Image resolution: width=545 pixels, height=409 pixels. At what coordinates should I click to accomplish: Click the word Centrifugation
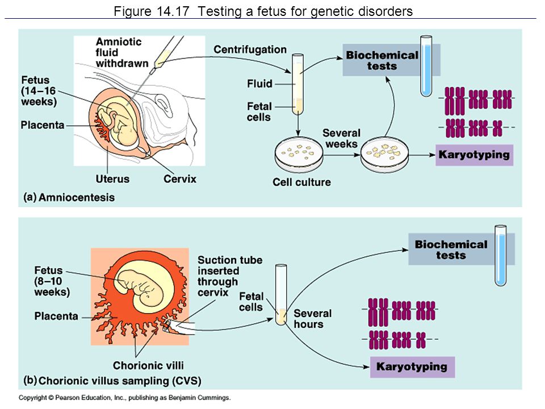[250, 50]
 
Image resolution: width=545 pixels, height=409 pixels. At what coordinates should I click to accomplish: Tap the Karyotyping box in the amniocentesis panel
[474, 155]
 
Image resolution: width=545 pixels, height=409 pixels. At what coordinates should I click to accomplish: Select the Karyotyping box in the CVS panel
[412, 367]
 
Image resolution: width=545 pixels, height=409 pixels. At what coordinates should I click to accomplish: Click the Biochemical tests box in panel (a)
[382, 60]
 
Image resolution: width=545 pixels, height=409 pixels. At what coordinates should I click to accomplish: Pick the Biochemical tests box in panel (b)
[451, 249]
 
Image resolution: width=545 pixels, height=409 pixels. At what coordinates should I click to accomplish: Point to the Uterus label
[112, 179]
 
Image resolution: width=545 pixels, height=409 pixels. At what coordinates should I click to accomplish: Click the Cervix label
[180, 179]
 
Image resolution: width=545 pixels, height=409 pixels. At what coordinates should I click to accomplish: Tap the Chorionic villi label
[148, 365]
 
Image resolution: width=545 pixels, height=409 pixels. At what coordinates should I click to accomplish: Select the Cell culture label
[301, 182]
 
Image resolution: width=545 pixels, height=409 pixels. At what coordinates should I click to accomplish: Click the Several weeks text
[341, 139]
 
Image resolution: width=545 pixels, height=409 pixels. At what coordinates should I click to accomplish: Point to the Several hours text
[312, 319]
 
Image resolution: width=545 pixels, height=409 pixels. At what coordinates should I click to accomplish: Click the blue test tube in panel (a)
[426, 66]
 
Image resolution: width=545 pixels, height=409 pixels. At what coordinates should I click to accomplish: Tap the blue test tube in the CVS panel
[501, 256]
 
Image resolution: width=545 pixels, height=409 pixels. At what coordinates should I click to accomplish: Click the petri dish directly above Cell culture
[299, 155]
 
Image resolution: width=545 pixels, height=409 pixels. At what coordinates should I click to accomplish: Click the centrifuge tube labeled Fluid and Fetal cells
[298, 85]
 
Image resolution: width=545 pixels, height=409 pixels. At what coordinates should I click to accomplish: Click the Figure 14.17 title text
[263, 11]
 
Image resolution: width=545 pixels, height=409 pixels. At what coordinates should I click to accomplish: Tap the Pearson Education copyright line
[124, 398]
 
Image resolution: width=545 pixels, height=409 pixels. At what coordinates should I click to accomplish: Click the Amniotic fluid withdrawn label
[122, 52]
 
